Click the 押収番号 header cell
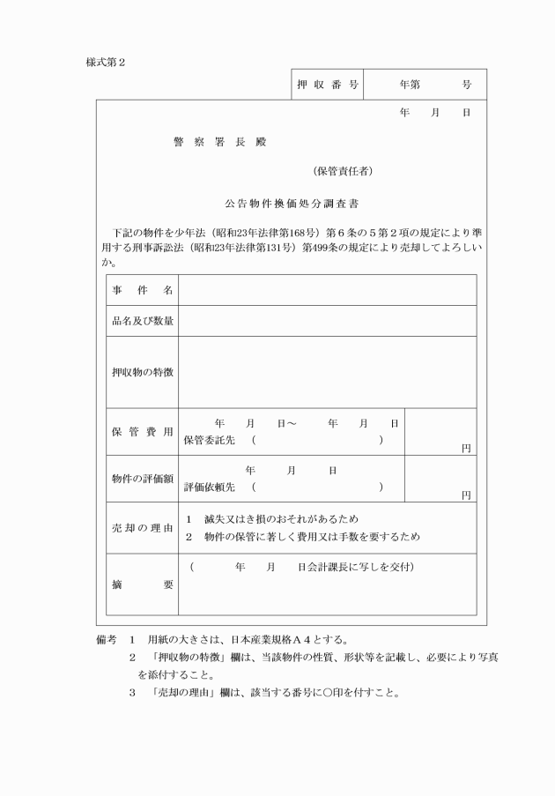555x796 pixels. point(326,85)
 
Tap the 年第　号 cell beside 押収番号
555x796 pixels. point(425,85)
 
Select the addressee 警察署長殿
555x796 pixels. point(219,142)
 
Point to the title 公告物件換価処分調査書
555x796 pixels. point(291,203)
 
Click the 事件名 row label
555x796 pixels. point(142,290)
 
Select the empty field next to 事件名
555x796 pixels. point(327,290)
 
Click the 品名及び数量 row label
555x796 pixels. point(142,321)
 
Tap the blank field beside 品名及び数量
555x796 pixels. point(327,321)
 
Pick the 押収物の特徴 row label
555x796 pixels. point(142,372)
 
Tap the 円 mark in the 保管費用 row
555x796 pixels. point(466,448)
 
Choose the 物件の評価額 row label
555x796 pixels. point(142,479)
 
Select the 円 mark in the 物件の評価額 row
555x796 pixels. point(466,495)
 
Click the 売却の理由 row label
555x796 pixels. point(142,528)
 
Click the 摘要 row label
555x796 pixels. point(142,584)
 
